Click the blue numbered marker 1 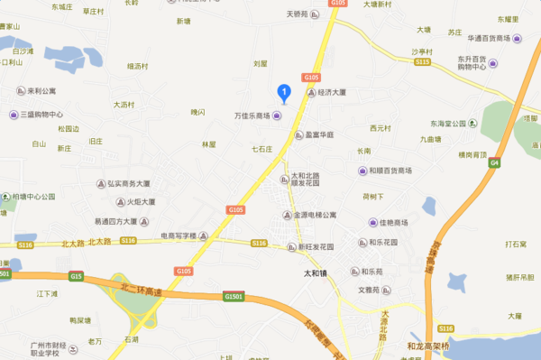283,91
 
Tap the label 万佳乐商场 252,116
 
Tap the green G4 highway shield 495,162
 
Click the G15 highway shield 75,276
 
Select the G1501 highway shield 234,296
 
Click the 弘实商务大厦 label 127,183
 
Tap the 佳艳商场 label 393,223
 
